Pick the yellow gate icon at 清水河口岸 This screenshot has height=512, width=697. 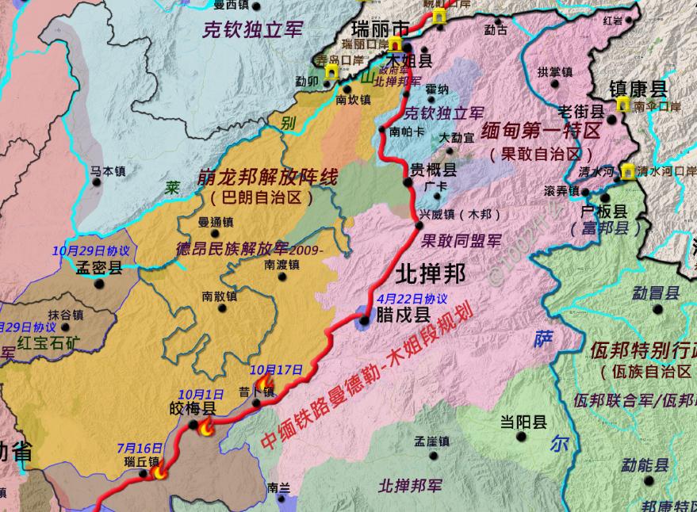(x=628, y=170)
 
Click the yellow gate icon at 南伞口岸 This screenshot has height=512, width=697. (x=624, y=105)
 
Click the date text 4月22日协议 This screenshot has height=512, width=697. (x=412, y=299)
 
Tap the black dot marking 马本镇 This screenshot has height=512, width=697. (x=98, y=182)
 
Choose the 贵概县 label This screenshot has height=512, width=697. (x=433, y=170)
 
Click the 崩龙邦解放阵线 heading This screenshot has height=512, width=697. (x=262, y=180)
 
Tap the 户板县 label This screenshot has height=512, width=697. (x=604, y=212)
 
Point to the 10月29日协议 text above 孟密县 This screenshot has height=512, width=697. (x=90, y=250)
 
